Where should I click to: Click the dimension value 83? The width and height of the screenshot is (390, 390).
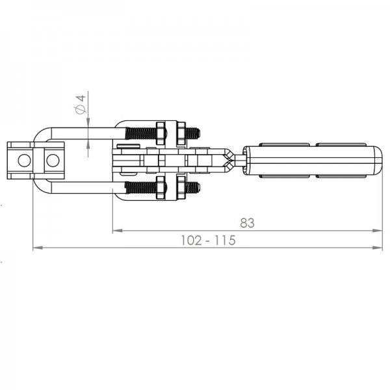[x=247, y=223]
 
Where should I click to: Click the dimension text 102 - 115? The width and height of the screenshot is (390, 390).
[x=208, y=240]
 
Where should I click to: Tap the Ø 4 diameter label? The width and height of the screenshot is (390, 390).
[x=81, y=104]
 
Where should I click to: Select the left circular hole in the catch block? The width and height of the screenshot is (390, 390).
[x=25, y=161]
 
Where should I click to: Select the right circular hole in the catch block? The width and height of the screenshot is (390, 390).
[x=53, y=161]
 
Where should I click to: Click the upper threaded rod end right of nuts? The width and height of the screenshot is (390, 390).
[x=193, y=133]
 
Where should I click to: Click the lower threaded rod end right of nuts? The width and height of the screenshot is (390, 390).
[x=193, y=188]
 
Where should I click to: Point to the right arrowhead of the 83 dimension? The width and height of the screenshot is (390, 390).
[x=378, y=231]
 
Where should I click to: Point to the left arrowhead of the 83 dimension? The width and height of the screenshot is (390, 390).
[x=118, y=231]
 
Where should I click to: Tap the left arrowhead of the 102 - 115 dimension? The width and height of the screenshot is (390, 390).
[x=38, y=248]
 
